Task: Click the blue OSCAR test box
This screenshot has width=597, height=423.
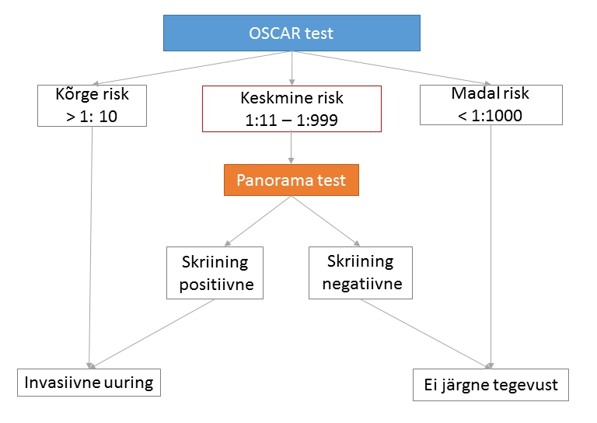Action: pos(292,33)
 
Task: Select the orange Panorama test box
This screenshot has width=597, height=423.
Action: pos(292,180)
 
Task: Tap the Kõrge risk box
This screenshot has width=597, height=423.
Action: pos(93,106)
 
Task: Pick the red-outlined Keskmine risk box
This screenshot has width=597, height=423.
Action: pos(292,109)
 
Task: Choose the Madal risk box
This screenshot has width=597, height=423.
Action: pos(491,105)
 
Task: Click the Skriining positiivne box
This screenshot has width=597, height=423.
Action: pos(215,273)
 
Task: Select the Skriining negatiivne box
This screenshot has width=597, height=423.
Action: pos(361,273)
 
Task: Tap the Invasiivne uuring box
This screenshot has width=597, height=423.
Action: pos(89,383)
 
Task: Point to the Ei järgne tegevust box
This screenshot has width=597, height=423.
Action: pos(491,385)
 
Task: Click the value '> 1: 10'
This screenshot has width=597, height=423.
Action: pos(92,117)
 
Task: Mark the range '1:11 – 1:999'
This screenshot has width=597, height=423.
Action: pos(292,121)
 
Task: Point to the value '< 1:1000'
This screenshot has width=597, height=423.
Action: pos(490,115)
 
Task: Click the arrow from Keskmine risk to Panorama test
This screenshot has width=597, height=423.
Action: pos(292,148)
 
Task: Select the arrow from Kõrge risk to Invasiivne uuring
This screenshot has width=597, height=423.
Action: pos(91,247)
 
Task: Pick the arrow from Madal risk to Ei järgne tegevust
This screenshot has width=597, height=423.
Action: pos(491,246)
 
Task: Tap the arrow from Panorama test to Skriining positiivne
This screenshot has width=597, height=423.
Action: pos(258,221)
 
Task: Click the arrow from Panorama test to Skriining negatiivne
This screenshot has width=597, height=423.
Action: pos(326,221)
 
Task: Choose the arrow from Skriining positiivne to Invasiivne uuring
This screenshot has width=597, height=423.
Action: pos(152,334)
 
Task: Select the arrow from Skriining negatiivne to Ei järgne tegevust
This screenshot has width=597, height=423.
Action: pos(425,334)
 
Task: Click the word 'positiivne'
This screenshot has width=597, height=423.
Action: pos(217,285)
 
